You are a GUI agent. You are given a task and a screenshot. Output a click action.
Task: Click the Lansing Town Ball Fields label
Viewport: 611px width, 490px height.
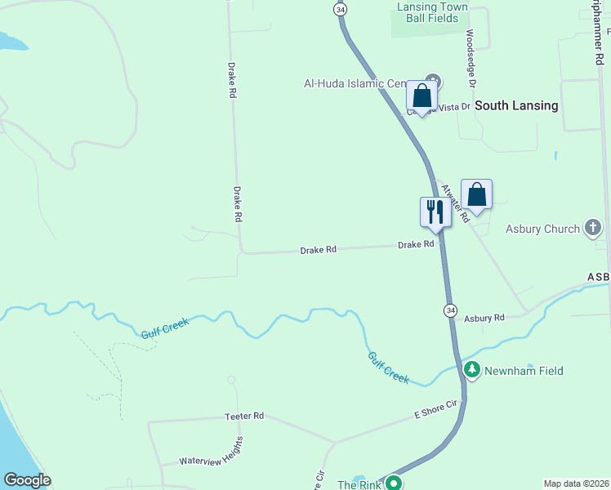coord(432,13)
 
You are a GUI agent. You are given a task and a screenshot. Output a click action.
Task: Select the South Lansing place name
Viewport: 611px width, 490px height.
coord(516,105)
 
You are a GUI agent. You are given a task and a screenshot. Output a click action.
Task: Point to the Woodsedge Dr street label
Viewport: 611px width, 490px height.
coord(471,60)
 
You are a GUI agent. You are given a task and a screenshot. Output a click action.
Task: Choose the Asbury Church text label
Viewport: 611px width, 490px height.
coord(542,229)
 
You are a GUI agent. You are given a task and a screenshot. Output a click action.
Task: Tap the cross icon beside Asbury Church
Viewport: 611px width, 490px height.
coord(594,229)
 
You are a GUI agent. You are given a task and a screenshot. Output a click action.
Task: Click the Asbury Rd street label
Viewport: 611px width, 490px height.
coord(484,317)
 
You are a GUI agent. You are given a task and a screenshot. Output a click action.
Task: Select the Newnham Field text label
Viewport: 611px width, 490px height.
coord(524,371)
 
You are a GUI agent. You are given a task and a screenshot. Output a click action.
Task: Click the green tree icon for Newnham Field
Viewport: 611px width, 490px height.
coord(472,371)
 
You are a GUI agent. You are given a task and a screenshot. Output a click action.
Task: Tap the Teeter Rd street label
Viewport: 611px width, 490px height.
coord(244,416)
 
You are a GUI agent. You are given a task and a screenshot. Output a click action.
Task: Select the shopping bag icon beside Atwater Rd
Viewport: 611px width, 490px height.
coord(477,195)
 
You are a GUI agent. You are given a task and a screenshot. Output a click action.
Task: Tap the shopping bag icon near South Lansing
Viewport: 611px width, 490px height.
coord(421,96)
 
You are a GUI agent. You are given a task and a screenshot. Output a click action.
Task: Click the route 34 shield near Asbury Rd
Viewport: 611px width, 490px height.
coord(451,310)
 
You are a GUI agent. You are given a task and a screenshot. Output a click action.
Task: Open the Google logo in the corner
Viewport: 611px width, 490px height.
coord(27,480)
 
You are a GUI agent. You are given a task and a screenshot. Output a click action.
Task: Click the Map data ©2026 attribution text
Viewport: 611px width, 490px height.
coord(576,483)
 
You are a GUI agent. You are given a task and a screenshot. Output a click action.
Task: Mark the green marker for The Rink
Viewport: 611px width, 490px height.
coord(394,483)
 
